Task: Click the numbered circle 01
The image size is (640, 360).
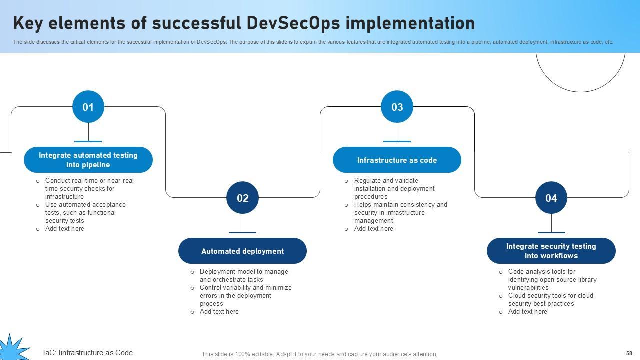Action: [x=88, y=107]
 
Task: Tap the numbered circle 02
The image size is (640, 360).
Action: [x=242, y=198]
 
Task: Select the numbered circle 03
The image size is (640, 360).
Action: [x=397, y=107]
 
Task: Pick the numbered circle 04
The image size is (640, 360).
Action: [x=551, y=198]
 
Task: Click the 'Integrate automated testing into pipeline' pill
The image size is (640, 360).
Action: [x=88, y=160]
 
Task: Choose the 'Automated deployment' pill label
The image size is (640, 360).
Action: [x=242, y=251]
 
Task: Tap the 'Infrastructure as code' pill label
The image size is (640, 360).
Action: [x=397, y=160]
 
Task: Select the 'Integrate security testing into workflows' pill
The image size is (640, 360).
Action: [x=551, y=251]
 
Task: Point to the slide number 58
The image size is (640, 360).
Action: [x=629, y=353]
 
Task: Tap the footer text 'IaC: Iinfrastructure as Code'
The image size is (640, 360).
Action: [x=88, y=353]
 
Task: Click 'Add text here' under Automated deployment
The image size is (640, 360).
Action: [x=219, y=312]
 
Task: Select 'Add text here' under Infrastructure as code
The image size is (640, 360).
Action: [x=373, y=229]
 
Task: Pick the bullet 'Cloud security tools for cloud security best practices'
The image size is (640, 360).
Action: [x=550, y=299]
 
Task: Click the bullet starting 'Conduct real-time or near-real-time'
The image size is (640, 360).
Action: [x=90, y=188]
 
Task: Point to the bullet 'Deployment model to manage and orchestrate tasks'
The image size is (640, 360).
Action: [x=243, y=275]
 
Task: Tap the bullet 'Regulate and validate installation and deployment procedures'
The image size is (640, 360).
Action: [x=394, y=188]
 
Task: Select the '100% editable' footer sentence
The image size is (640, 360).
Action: [x=319, y=354]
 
